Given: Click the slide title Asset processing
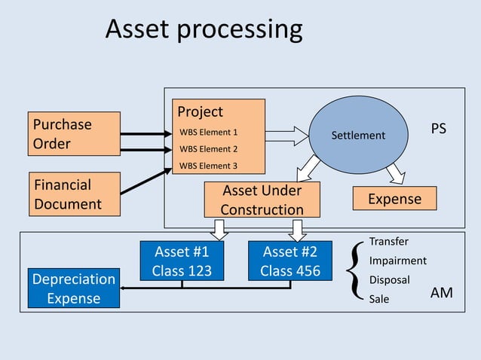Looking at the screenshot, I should (x=204, y=29).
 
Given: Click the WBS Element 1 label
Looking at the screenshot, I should (x=208, y=133).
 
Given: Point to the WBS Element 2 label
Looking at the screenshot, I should (x=208, y=149).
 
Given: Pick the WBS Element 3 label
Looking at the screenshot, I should (x=208, y=166).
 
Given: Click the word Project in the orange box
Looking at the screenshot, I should (x=200, y=111).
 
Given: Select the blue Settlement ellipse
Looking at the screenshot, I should (x=358, y=136).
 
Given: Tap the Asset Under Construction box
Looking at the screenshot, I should (x=262, y=200).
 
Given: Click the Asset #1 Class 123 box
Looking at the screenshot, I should (x=182, y=261).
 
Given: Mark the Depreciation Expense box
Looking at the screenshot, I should (x=73, y=288).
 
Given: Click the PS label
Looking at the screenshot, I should (x=438, y=130).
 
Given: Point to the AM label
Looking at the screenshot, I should (x=441, y=293).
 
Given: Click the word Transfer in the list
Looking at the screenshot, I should (x=388, y=242).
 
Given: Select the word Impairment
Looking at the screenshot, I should (x=397, y=261).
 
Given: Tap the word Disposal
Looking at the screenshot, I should (x=389, y=280).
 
